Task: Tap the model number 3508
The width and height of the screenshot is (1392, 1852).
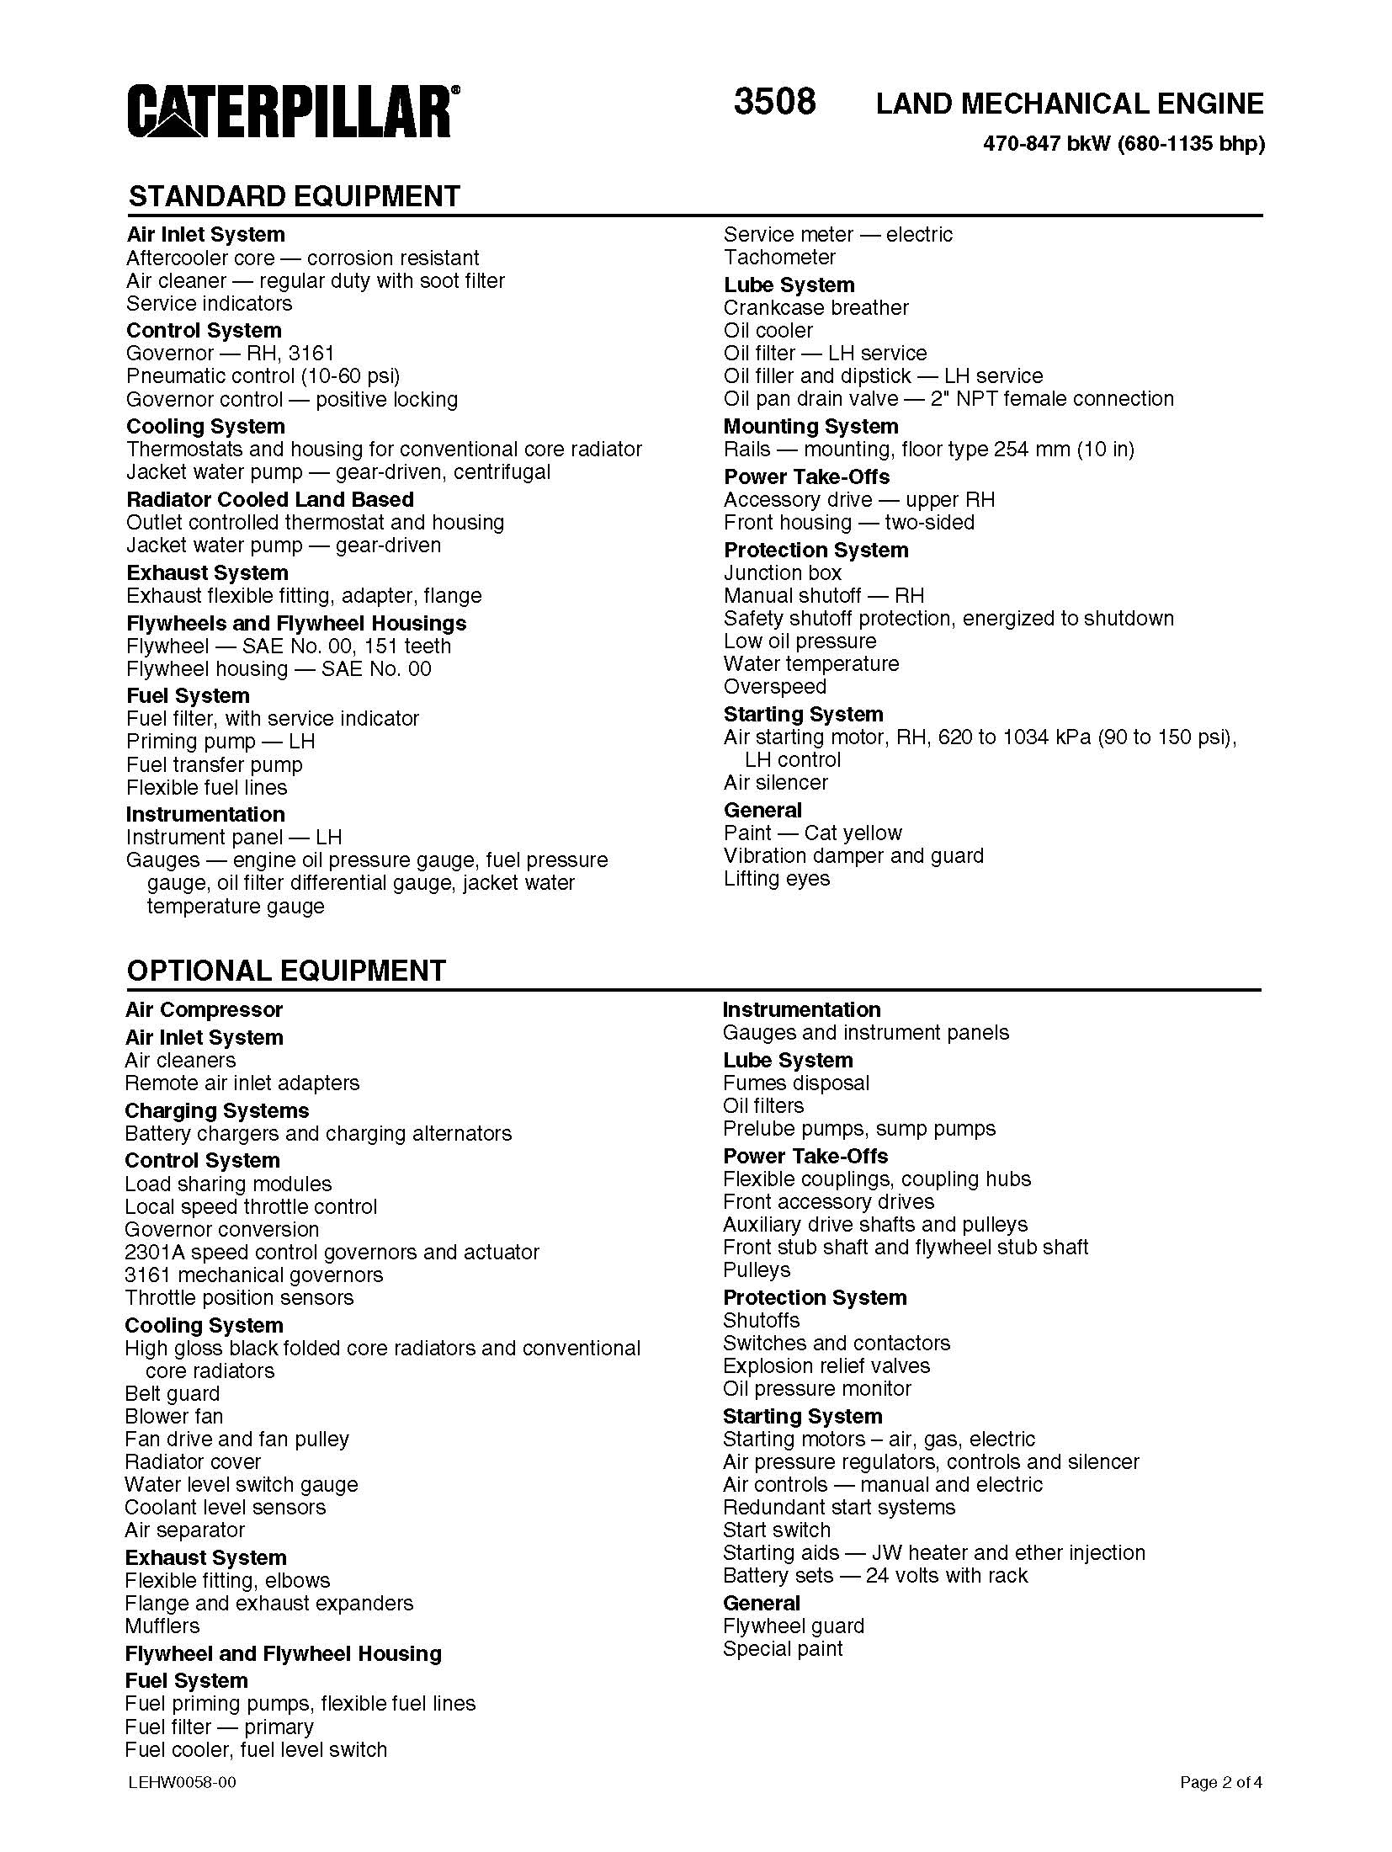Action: tap(774, 102)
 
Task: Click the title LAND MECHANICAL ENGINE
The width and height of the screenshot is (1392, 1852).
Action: tap(1069, 104)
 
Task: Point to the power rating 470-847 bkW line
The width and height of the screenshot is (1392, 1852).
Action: tap(1124, 144)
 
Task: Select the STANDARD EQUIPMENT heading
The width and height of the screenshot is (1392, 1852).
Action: tap(294, 196)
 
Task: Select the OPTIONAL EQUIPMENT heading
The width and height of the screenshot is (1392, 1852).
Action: tap(286, 971)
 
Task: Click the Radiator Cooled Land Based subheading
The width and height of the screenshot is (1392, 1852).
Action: tap(270, 499)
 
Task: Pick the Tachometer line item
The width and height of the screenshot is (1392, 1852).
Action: tap(779, 257)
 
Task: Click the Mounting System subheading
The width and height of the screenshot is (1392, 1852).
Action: tap(810, 426)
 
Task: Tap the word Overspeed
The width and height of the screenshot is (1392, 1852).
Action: tap(774, 686)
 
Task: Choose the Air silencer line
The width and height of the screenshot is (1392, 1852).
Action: tap(775, 782)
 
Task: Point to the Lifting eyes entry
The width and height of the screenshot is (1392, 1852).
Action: tap(776, 878)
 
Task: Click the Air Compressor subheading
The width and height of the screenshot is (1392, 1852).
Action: tap(204, 1009)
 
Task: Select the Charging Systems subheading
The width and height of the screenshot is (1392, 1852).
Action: tap(216, 1110)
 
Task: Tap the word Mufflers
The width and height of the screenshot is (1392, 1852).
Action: tap(162, 1626)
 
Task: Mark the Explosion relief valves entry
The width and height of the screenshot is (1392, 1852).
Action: tap(826, 1365)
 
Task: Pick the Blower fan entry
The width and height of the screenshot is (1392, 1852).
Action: tap(173, 1416)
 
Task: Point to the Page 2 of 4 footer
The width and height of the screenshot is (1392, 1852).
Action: tap(1220, 1782)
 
